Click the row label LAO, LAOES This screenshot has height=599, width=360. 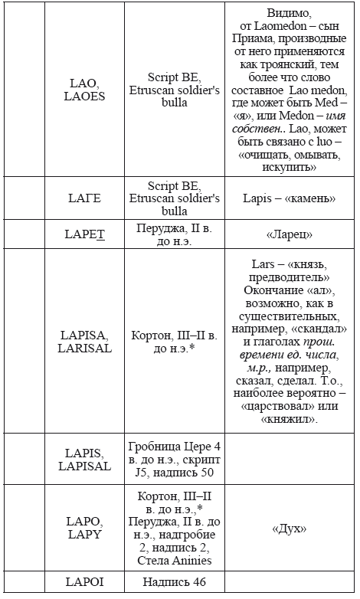[87, 90]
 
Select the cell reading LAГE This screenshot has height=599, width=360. [87, 198]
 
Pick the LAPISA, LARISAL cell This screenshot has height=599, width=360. [87, 341]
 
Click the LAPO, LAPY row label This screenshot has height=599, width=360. [87, 528]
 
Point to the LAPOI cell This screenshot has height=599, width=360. [87, 582]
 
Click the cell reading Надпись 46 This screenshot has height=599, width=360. [173, 582]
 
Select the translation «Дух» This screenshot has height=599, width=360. [290, 528]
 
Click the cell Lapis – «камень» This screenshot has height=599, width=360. [290, 198]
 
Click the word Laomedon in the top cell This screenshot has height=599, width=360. [277, 25]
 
